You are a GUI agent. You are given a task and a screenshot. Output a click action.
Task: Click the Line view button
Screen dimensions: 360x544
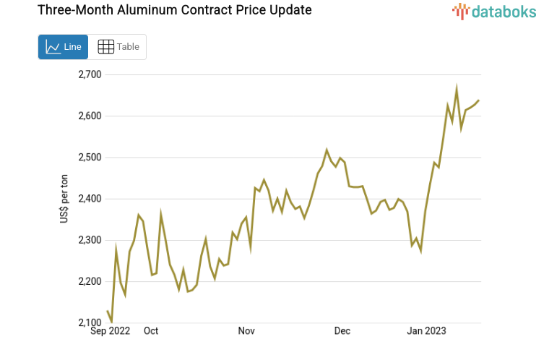point(63,47)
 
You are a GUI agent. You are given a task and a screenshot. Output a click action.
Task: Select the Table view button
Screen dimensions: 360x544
point(118,47)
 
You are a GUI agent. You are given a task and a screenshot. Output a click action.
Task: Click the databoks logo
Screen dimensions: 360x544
point(494,11)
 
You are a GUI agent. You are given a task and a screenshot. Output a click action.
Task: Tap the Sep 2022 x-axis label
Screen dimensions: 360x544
point(111,331)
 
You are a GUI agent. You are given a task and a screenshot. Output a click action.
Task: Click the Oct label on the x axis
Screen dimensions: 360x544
point(151,331)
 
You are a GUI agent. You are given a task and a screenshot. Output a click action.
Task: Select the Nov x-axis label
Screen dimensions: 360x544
point(246,331)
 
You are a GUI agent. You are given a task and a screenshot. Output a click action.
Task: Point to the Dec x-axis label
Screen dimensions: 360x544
point(342,331)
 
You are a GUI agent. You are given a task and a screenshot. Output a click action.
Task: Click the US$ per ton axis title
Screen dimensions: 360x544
point(64,199)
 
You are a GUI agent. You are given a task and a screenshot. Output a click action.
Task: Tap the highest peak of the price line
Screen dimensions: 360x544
point(457,88)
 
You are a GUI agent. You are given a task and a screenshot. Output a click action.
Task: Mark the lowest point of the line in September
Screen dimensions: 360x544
point(111,321)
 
